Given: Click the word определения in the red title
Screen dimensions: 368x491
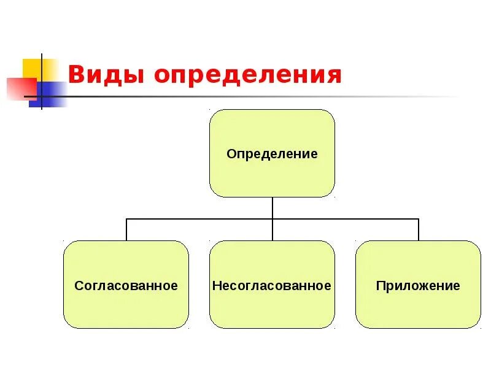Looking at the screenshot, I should [x=247, y=75].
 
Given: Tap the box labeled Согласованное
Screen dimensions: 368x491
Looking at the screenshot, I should [x=126, y=307].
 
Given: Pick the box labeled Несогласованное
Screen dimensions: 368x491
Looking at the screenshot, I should [x=272, y=307].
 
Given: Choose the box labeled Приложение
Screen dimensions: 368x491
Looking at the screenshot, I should [x=418, y=307].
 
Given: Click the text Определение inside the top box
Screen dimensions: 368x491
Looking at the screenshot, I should [x=272, y=154].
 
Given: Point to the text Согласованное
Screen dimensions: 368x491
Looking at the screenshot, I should [x=126, y=286].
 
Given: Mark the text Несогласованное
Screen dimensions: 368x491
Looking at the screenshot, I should [x=272, y=286].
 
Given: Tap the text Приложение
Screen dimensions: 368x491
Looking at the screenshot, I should [x=418, y=286].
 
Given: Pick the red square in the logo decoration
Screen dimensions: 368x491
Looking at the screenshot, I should [x=18, y=88].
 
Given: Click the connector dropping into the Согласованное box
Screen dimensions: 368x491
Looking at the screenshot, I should [x=126, y=229].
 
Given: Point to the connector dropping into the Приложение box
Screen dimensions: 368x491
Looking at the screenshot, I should [x=419, y=229].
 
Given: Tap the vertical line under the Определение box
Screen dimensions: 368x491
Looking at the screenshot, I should [x=273, y=207].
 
